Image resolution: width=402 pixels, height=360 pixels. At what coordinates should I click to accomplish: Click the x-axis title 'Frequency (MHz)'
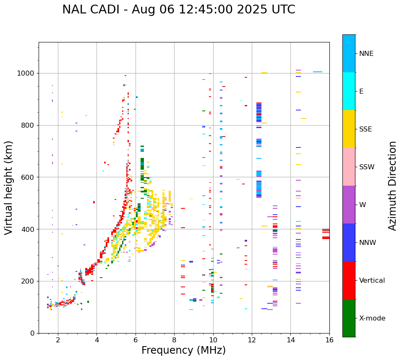coord(183,350)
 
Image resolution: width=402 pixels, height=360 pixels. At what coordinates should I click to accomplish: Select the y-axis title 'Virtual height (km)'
coord(9,187)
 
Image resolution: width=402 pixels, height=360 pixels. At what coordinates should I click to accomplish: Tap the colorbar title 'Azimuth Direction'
coord(392,185)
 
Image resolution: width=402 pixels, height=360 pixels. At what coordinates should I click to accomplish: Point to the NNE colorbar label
coord(366,54)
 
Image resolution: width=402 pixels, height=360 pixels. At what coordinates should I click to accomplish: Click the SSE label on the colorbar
coord(365,129)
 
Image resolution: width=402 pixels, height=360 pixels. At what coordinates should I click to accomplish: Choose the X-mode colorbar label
coord(372,318)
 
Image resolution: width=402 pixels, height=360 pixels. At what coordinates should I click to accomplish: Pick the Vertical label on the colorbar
coord(372,281)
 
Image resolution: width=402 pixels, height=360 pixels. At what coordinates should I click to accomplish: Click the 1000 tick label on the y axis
coord(26,74)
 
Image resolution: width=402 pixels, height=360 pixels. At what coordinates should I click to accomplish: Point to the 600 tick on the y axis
coord(29,177)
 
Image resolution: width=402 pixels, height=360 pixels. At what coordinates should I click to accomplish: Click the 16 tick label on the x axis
coord(329,340)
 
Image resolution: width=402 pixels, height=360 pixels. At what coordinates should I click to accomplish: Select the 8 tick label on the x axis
coord(174,340)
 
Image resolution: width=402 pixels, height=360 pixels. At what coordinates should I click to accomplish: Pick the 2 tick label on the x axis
coord(58,340)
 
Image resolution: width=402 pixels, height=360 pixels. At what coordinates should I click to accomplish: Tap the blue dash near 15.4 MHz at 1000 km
coord(318,72)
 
